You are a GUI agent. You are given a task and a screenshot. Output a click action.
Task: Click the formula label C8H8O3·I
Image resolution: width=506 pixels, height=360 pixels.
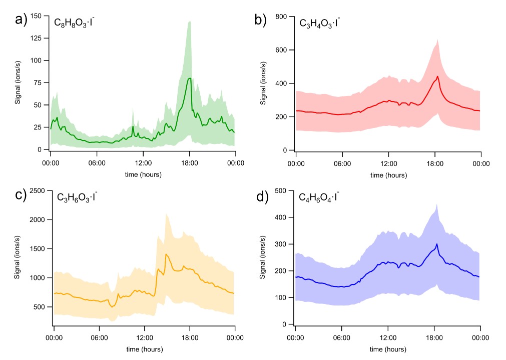click(74, 22)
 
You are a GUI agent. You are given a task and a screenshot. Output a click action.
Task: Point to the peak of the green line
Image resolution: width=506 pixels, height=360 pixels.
click(190, 78)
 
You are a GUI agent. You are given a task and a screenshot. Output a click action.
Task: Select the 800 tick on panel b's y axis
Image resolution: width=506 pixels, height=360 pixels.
click(280, 17)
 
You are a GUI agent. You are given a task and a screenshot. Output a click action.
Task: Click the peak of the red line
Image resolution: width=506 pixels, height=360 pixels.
click(437, 76)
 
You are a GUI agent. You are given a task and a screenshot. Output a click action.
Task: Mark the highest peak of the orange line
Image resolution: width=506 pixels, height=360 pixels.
click(166, 254)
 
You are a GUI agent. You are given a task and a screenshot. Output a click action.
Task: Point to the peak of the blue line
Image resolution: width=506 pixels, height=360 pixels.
click(437, 244)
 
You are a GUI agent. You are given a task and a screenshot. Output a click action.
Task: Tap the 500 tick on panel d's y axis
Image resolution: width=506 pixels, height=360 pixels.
click(280, 190)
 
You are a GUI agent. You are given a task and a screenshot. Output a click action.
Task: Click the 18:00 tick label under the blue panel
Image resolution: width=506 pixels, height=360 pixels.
click(434, 338)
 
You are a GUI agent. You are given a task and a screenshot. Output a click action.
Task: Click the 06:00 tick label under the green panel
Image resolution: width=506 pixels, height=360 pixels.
click(97, 163)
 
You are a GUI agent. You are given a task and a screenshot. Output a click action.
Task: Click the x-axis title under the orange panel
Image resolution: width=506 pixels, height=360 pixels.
click(144, 348)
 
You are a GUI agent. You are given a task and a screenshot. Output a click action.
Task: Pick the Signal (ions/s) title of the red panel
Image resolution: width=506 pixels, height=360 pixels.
click(262, 83)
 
